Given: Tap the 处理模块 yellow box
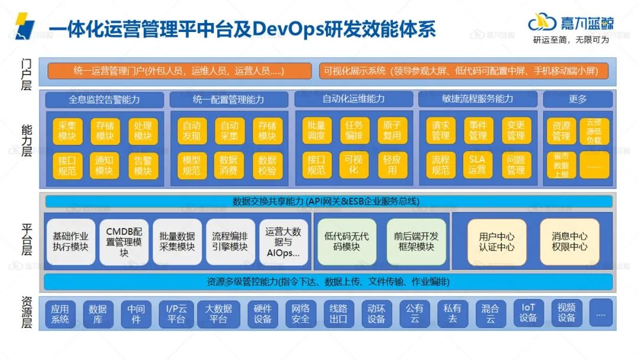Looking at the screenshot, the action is [143, 131].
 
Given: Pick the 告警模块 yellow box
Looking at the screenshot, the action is [143, 165].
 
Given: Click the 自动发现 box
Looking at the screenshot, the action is [192, 131].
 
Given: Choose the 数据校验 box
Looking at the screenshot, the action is [267, 165].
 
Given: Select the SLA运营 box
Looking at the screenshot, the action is [477, 165].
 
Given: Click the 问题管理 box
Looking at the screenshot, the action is [515, 165].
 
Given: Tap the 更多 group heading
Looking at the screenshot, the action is [577, 99].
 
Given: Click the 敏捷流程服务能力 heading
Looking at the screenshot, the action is [477, 99].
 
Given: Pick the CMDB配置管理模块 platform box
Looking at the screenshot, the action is [124, 242].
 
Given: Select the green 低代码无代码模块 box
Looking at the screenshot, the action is [347, 242].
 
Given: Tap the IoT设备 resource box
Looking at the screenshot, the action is [528, 313].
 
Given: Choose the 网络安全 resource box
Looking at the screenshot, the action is [301, 313].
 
